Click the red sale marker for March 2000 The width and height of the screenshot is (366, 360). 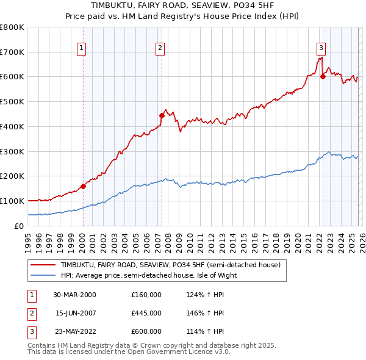pos(83,186)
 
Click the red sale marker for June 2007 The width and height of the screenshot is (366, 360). pos(162,115)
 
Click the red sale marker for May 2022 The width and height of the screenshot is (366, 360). pos(323,76)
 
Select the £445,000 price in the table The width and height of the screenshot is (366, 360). pos(146,313)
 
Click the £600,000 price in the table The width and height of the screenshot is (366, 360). pos(146,331)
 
